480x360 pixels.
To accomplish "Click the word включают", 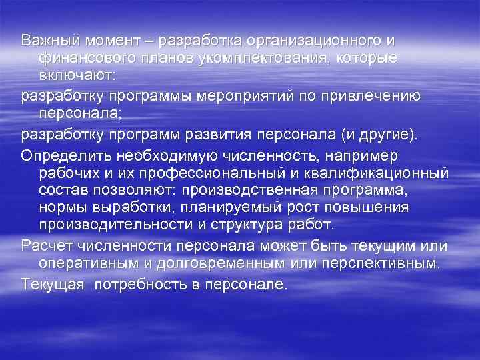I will click(x=77, y=75).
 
